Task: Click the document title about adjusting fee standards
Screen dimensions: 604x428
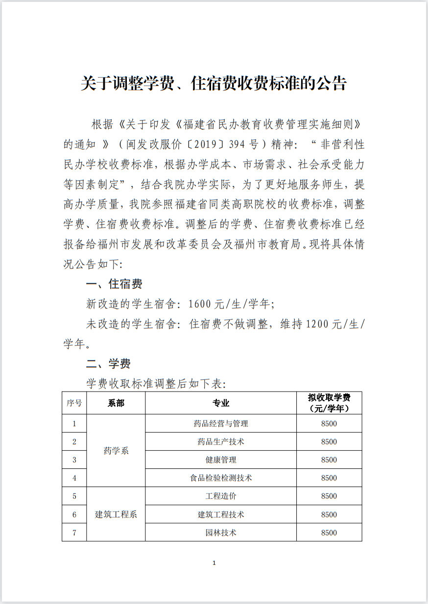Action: [214, 83]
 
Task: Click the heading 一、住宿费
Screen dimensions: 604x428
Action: [114, 284]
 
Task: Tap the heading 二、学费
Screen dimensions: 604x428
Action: [108, 364]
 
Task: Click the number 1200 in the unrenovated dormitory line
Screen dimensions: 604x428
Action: [319, 324]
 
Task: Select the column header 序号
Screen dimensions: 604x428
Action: [74, 403]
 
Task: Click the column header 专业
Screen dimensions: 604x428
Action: [220, 403]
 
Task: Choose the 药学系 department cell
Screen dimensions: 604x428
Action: [116, 451]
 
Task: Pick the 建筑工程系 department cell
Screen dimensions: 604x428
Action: [116, 514]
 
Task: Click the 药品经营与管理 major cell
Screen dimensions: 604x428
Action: [220, 423]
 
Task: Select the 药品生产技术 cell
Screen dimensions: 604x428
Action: [220, 441]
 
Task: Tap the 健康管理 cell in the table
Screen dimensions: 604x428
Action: [220, 460]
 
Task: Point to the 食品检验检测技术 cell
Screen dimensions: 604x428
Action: [220, 478]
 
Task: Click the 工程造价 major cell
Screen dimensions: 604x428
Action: [220, 496]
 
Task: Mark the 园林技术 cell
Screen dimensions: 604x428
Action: [220, 533]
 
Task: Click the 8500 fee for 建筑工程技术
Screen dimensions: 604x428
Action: [329, 514]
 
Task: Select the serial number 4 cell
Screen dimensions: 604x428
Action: [74, 478]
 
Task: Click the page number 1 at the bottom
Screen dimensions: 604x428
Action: [214, 563]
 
